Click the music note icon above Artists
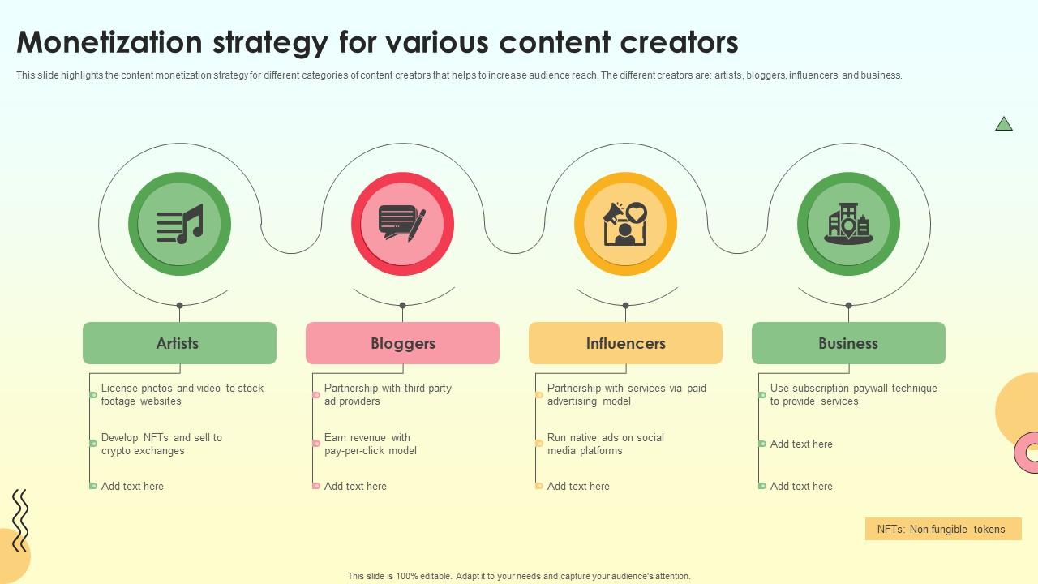pyautogui.click(x=180, y=224)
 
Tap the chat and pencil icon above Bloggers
pyautogui.click(x=402, y=223)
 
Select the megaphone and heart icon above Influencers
pyautogui.click(x=625, y=224)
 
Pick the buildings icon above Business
pyautogui.click(x=848, y=224)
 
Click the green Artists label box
pyautogui.click(x=180, y=343)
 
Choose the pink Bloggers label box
pyautogui.click(x=403, y=343)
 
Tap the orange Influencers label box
pyautogui.click(x=625, y=343)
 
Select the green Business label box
pyautogui.click(x=848, y=343)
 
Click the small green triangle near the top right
pyautogui.click(x=1004, y=124)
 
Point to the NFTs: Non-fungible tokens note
pyautogui.click(x=943, y=529)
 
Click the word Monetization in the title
pyautogui.click(x=109, y=42)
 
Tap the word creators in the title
pyautogui.click(x=679, y=43)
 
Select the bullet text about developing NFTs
pyautogui.click(x=161, y=444)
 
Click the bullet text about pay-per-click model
pyautogui.click(x=371, y=444)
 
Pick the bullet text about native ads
pyautogui.click(x=606, y=444)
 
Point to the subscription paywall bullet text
pyautogui.click(x=854, y=394)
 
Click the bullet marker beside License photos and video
pyautogui.click(x=93, y=395)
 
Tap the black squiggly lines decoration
pyautogui.click(x=20, y=520)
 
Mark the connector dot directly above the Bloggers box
pyautogui.click(x=403, y=306)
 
